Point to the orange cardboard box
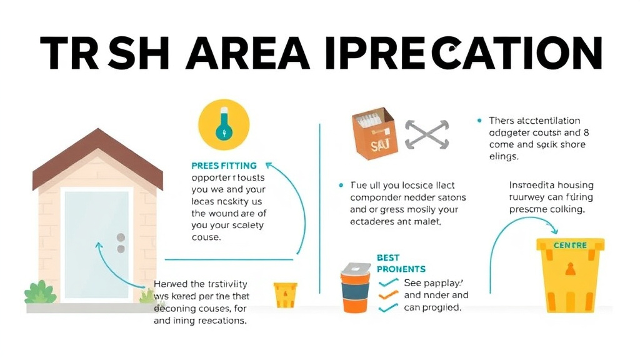374,132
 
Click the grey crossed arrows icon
427,134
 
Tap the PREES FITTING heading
224,166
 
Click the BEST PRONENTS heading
400,263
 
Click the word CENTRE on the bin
570,246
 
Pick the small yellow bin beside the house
285,295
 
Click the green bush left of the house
41,292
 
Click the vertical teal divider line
320,206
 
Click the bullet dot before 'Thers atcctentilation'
479,121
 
